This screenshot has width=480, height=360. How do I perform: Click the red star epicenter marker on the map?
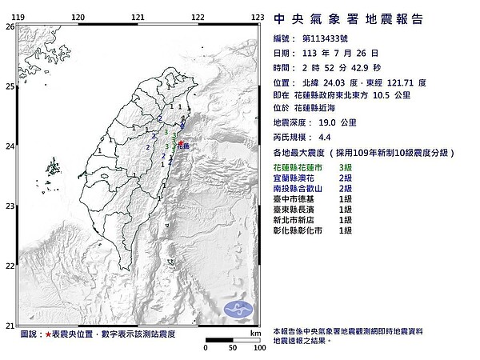coord(181,144)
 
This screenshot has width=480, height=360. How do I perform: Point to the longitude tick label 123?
coord(258,17)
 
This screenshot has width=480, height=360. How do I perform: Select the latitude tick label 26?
coord(9,26)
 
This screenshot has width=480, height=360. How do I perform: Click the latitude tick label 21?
coord(9,325)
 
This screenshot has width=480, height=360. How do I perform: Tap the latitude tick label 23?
coord(9,206)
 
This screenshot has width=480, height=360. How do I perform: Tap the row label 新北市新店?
coord(298,219)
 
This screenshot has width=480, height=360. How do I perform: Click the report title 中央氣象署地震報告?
coord(348,18)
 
